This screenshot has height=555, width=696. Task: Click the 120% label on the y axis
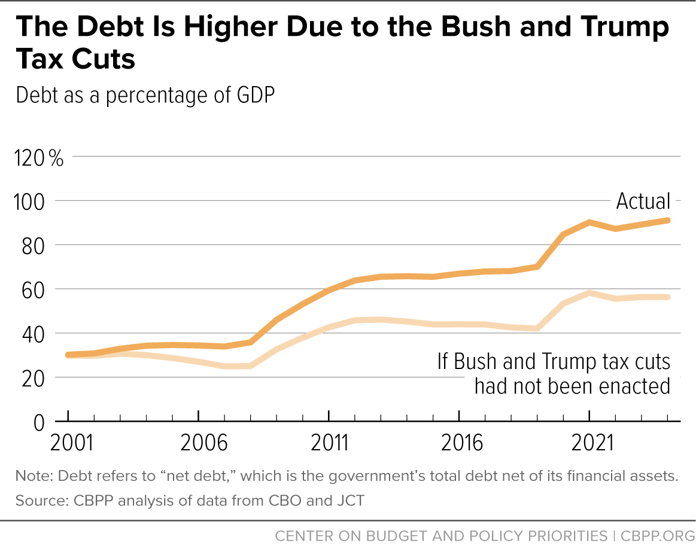[39, 157]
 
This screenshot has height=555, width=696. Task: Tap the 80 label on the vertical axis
[34, 246]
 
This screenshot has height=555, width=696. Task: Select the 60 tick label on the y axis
[34, 290]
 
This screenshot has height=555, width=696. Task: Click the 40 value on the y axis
[34, 334]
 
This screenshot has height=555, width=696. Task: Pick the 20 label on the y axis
[34, 379]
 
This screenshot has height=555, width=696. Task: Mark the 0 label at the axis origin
[39, 423]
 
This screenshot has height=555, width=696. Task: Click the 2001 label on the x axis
[72, 443]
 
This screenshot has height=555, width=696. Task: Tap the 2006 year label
[203, 443]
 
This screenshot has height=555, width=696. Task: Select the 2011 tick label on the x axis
[330, 443]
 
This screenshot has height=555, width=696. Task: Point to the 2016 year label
[461, 443]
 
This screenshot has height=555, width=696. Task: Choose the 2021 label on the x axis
[592, 443]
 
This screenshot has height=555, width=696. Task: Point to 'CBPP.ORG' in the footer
[657, 536]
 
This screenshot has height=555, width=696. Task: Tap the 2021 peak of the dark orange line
[589, 222]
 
